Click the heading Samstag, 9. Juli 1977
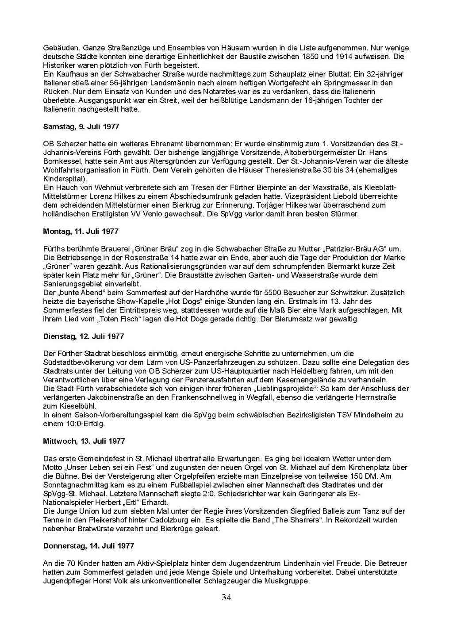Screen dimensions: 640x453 [x=81, y=126]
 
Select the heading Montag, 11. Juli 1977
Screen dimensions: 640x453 [x=81, y=231]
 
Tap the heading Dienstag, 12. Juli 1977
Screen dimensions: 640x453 [x=83, y=336]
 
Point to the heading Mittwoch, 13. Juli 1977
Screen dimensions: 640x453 [x=84, y=441]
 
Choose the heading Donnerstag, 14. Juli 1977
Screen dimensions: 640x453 [x=88, y=546]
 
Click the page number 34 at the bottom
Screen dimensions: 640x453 [x=226, y=598]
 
